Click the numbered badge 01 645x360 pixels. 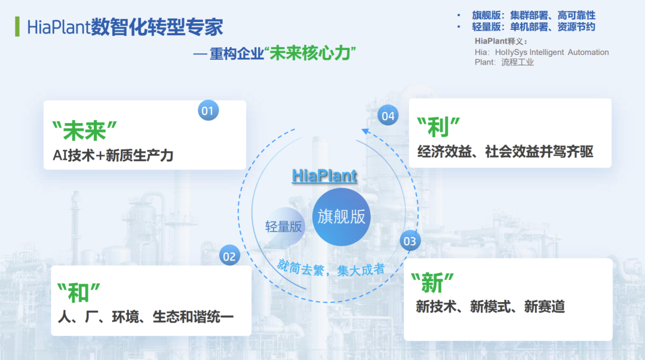point(208,110)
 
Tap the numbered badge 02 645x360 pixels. point(229,256)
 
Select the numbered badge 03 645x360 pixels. point(410,241)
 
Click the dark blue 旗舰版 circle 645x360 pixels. point(342,217)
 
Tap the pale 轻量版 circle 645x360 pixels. point(284,226)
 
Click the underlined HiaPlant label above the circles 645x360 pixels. point(324,176)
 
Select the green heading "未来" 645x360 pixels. point(85,131)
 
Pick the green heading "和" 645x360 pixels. point(79,293)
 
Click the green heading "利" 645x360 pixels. point(438,127)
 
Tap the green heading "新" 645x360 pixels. point(432,282)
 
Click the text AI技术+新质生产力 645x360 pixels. point(113,155)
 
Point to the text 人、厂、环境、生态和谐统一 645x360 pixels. point(146,316)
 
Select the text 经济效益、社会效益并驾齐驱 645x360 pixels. point(506,152)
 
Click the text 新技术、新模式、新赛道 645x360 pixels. point(490,306)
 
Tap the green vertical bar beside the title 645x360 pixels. point(17,26)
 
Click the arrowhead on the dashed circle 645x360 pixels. point(365,132)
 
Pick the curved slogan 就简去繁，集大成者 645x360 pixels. point(331,269)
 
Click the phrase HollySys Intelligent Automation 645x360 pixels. point(552,53)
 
